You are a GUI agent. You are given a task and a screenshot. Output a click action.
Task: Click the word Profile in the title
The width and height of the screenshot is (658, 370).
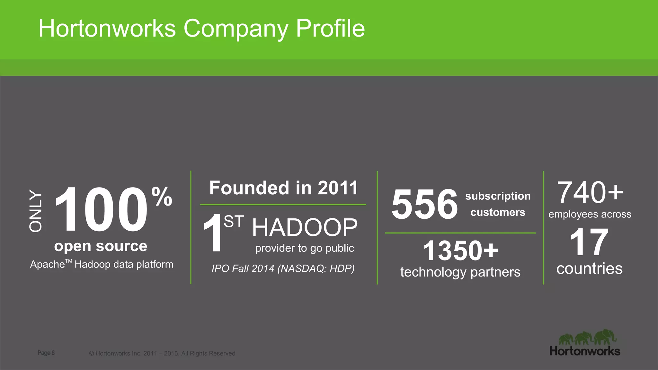pos(330,29)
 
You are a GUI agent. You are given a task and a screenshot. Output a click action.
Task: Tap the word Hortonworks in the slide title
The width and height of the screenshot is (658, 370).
pos(107,29)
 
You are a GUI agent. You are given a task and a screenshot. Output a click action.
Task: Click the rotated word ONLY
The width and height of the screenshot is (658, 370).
pos(36,211)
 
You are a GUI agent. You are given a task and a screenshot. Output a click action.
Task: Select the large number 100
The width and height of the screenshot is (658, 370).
pos(101,209)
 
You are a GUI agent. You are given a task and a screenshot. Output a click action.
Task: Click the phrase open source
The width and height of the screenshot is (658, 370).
pos(101,246)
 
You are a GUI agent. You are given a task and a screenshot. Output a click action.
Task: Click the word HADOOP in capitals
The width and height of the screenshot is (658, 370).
pos(305,227)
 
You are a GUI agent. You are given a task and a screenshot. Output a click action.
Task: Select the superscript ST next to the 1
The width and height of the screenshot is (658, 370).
pos(234,222)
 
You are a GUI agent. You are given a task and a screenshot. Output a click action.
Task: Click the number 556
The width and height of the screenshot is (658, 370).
pos(424,204)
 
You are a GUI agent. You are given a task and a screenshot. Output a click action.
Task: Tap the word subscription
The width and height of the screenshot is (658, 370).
pos(498,196)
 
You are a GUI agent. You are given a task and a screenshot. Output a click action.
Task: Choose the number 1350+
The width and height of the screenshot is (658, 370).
pos(460,251)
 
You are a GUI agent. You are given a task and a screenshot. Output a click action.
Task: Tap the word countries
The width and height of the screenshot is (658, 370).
pos(589,269)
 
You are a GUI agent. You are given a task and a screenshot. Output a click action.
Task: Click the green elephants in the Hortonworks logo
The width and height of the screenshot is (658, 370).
pos(588,338)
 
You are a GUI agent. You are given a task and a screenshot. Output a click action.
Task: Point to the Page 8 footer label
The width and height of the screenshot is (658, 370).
pos(46,353)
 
